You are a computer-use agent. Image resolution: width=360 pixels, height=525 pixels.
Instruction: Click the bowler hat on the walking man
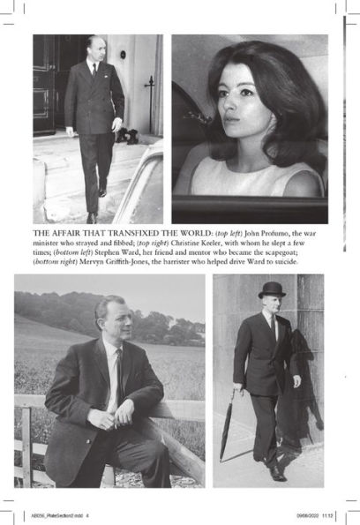(x=271, y=289)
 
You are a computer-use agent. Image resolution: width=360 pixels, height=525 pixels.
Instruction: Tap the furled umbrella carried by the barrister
(x=229, y=428)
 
